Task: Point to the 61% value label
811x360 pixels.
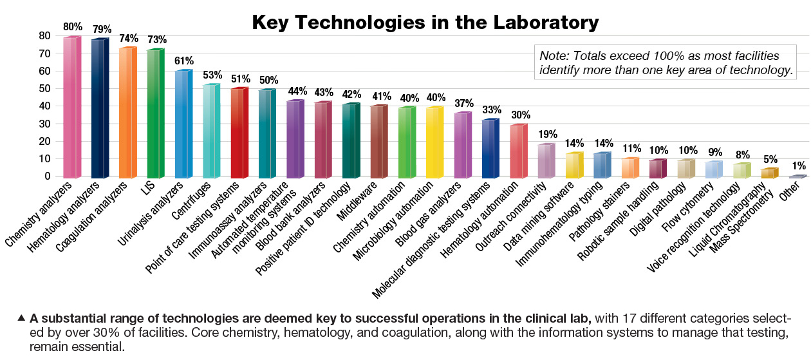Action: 185,61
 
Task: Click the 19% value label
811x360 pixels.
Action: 547,134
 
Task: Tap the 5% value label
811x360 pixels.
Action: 770,159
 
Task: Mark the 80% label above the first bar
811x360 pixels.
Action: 73,27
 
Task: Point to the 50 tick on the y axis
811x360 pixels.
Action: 45,89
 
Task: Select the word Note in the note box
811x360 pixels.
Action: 554,55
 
